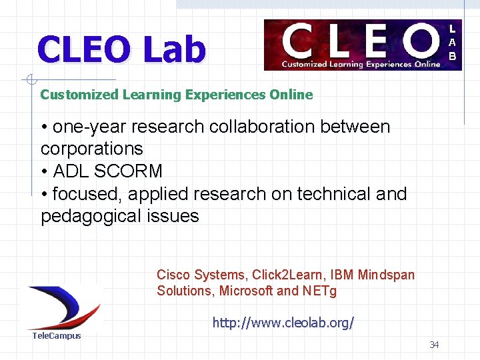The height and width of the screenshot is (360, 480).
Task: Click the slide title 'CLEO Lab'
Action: pos(122,50)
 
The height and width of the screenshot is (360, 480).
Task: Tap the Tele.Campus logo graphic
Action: pos(63,307)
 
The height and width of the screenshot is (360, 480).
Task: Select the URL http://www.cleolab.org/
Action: pos(283,323)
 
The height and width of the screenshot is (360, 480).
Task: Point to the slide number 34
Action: pos(434,345)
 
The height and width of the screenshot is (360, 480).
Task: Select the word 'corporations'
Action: pos(92,148)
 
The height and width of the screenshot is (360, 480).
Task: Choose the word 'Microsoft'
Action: pos(246,291)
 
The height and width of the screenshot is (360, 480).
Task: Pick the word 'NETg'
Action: pos(319,291)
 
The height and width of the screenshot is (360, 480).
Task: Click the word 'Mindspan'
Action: pos(386,275)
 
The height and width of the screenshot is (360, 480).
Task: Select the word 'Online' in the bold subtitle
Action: pos(291,95)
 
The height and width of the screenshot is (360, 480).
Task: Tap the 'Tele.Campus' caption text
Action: pos(57,335)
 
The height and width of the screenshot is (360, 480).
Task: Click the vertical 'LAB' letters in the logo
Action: pos(452,43)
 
